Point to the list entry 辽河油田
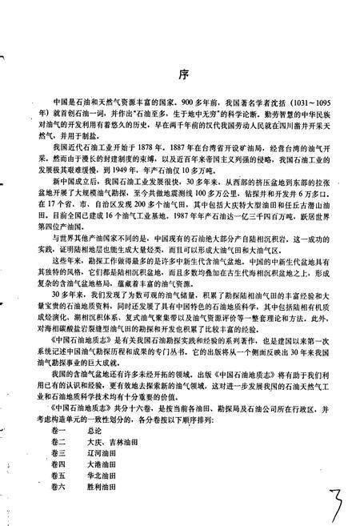(x=108, y=455)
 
